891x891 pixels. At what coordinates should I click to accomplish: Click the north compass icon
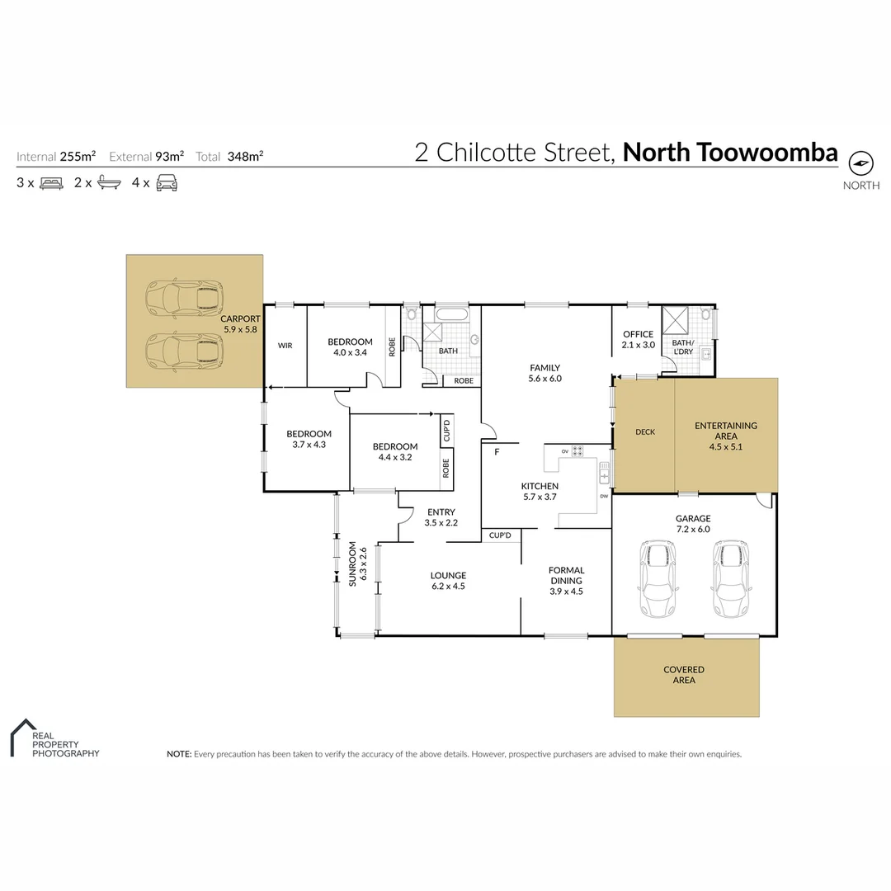click(x=860, y=163)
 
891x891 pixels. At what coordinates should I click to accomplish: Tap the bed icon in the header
click(x=52, y=183)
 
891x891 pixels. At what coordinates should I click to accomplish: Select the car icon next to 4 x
click(x=167, y=183)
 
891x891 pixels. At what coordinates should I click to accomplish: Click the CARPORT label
click(x=240, y=318)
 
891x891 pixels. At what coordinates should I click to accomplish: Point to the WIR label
click(x=285, y=346)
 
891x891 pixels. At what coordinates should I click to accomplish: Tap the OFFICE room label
click(x=638, y=334)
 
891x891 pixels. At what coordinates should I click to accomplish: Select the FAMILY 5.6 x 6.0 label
click(x=545, y=373)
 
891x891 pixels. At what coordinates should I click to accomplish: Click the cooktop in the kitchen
click(x=577, y=451)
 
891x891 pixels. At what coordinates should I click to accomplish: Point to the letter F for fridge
click(x=497, y=452)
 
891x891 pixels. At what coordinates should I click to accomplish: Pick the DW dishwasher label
click(x=604, y=496)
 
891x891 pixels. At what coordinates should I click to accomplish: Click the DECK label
click(x=645, y=431)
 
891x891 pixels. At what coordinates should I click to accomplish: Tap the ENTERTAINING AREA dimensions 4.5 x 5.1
click(x=726, y=446)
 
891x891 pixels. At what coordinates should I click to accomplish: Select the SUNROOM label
click(x=352, y=563)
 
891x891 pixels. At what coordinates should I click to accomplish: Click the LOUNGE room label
click(x=448, y=576)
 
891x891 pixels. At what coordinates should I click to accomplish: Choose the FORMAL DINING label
click(x=567, y=575)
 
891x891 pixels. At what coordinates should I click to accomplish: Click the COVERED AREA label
click(x=684, y=675)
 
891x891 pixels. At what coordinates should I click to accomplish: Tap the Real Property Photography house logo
click(x=23, y=737)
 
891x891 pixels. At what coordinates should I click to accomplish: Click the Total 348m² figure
click(x=246, y=156)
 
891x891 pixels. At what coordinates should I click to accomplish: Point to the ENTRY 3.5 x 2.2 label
click(x=441, y=517)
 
